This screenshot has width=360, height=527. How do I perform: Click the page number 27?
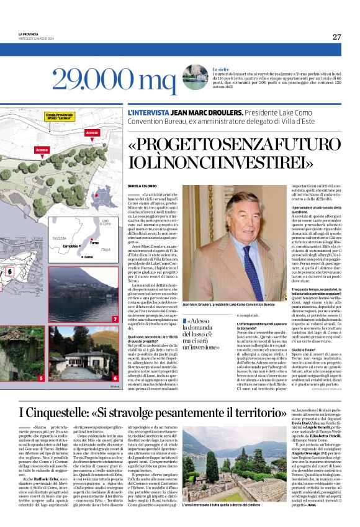336,37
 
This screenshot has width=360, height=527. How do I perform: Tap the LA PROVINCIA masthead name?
29,34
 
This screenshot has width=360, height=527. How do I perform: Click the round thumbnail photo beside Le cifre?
194,77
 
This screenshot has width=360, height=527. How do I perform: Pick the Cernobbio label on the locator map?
70,246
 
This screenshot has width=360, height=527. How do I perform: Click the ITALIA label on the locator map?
106,250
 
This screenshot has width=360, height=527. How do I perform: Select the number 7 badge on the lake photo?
115,318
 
